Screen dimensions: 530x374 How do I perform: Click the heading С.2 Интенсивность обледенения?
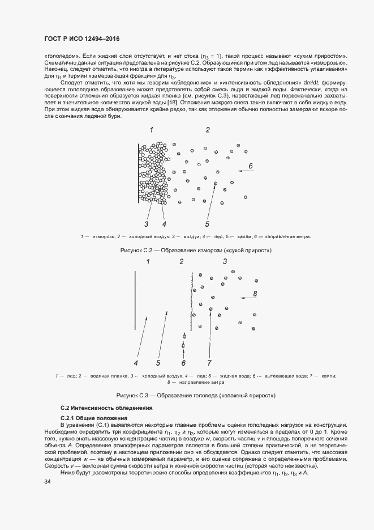(107, 408)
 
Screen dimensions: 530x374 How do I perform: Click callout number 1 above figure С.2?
(152, 130)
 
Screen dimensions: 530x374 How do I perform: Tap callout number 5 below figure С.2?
(207, 223)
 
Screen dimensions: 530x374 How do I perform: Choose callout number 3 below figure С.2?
(146, 223)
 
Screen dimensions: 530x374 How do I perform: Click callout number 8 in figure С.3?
(256, 294)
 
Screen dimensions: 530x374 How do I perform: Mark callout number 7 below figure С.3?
(209, 363)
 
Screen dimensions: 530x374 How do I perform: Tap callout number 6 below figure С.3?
(183, 363)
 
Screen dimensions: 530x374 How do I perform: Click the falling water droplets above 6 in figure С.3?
(183, 340)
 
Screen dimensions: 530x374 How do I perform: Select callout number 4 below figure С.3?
(136, 363)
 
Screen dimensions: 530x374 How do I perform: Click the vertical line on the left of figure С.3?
(135, 300)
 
